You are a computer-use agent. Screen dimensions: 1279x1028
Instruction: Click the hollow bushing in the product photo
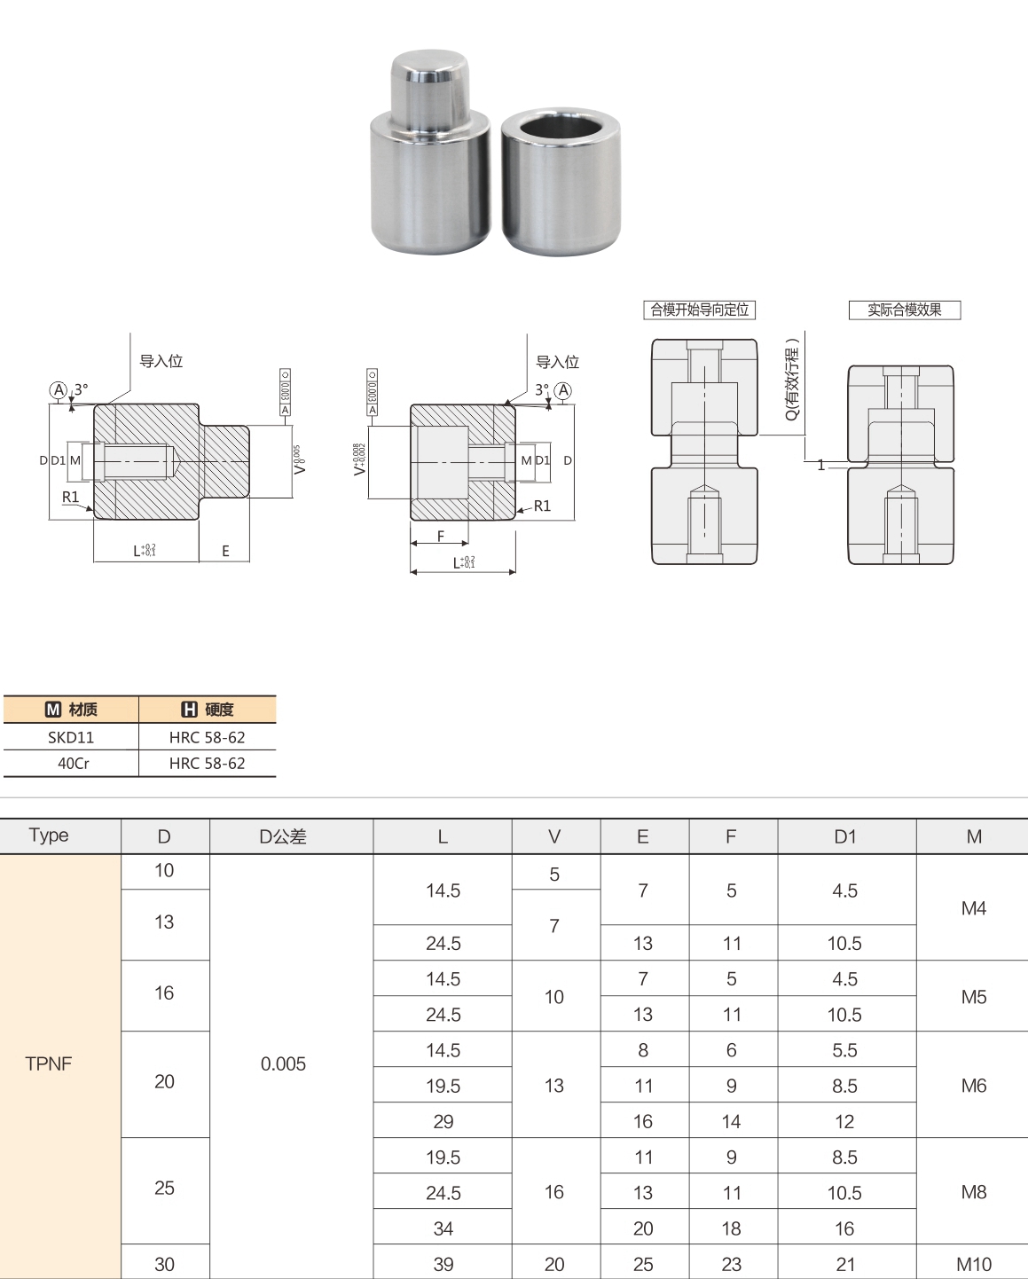(561, 182)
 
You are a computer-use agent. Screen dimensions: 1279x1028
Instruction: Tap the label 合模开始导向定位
(699, 310)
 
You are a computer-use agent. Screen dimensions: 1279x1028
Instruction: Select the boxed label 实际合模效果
(904, 310)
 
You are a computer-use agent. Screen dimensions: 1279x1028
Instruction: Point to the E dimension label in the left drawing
(225, 551)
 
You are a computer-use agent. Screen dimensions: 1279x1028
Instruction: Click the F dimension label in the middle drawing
(441, 536)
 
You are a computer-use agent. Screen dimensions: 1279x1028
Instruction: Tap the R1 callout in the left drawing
(70, 498)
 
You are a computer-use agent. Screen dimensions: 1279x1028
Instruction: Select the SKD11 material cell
(71, 737)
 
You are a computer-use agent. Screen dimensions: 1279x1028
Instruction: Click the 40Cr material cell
(73, 763)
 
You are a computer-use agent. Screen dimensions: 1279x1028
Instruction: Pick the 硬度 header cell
(208, 710)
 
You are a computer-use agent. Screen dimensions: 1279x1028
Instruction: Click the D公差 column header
(283, 836)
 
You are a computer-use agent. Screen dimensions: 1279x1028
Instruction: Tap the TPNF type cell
(49, 1063)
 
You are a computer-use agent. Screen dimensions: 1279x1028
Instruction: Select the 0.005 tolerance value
(283, 1063)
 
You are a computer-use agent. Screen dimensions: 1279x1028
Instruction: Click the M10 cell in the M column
(973, 1264)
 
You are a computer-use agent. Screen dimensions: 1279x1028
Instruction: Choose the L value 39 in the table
(443, 1264)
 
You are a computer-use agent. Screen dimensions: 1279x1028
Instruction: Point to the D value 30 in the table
(164, 1264)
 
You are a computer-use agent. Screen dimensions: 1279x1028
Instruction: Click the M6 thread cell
(973, 1086)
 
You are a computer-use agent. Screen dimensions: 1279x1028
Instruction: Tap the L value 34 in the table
(443, 1228)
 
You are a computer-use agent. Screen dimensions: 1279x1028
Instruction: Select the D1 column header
(845, 836)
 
